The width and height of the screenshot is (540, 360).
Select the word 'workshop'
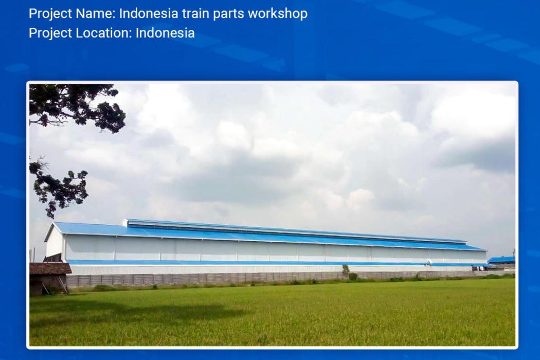pos(278,14)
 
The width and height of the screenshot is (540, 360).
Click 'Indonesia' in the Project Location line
pos(165,33)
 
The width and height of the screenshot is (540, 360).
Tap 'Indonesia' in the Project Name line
pos(149,13)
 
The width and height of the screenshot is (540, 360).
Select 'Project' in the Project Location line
pos(50,33)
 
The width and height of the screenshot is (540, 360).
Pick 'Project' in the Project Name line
pos(50,14)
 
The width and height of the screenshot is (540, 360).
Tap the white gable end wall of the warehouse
pos(54,243)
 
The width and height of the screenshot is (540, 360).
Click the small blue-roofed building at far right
pos(501,261)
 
